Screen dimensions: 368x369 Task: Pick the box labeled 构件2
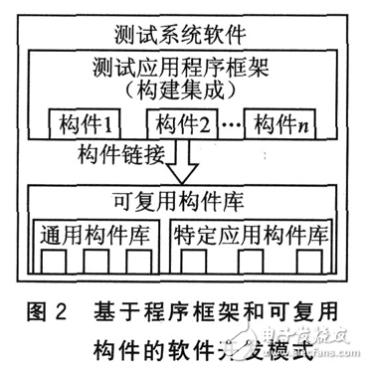pyautogui.click(x=184, y=126)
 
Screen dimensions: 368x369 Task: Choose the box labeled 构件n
pyautogui.click(x=282, y=126)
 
